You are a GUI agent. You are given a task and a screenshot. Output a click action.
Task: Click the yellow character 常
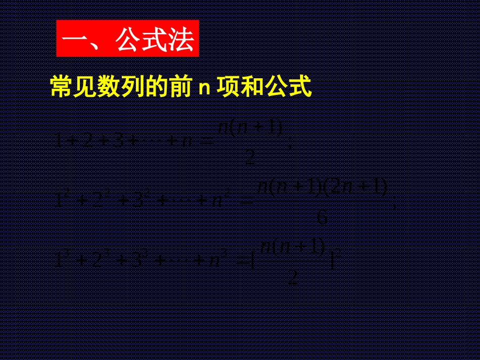60,87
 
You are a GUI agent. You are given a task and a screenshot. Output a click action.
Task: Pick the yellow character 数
106,87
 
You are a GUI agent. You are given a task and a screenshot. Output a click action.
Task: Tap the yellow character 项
228,87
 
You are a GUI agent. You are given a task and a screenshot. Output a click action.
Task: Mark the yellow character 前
174,87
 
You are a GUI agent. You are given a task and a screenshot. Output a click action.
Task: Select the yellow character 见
83,87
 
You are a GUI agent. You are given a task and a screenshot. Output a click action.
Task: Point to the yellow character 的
151,87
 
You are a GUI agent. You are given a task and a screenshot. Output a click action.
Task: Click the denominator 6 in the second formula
322,218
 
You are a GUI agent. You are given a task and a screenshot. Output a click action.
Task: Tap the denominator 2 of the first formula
250,159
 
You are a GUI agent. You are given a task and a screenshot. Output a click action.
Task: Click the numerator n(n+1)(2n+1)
322,188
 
